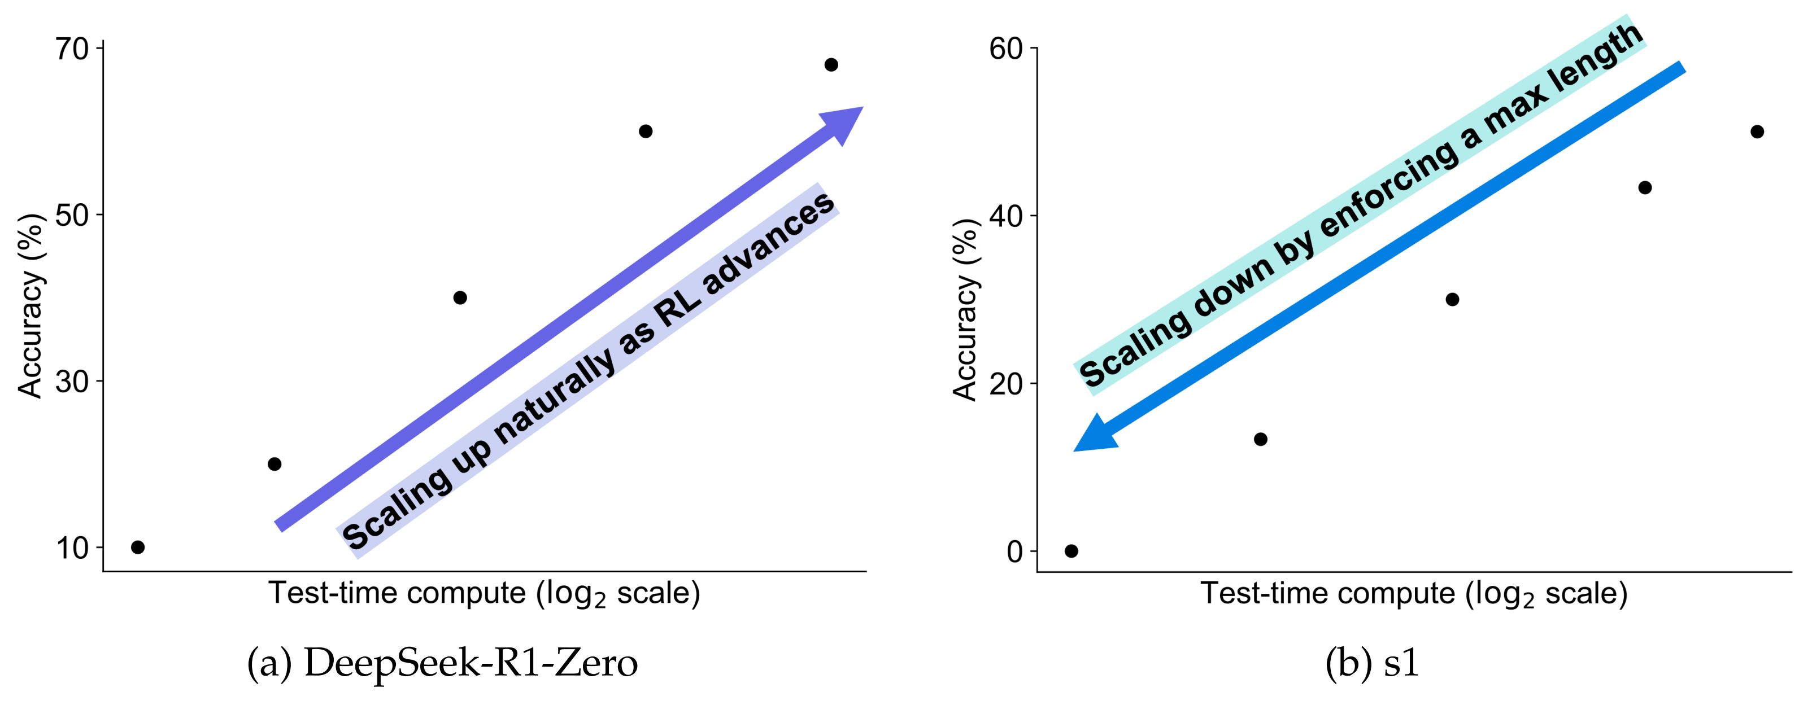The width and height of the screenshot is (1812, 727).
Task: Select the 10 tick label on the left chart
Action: tap(71, 548)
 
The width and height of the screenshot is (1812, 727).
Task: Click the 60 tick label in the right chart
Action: tap(1006, 49)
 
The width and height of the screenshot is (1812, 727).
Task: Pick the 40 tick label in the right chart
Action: tap(1006, 216)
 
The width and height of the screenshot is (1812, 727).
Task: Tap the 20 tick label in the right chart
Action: tap(1006, 384)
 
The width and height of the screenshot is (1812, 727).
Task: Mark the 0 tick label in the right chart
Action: tap(1014, 551)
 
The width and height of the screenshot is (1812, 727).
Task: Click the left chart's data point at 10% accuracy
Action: tap(138, 547)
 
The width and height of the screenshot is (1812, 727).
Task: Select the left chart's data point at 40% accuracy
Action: tap(460, 297)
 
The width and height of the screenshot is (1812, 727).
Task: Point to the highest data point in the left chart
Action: tap(831, 65)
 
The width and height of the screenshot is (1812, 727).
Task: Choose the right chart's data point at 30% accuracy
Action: tap(1452, 300)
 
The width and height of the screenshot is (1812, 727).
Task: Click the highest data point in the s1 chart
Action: tap(1757, 132)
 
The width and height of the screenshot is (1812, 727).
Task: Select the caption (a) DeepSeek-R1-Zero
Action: tap(442, 663)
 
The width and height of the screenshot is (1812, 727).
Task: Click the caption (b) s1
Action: tap(1371, 663)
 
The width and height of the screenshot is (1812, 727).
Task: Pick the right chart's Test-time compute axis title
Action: tap(1414, 594)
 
